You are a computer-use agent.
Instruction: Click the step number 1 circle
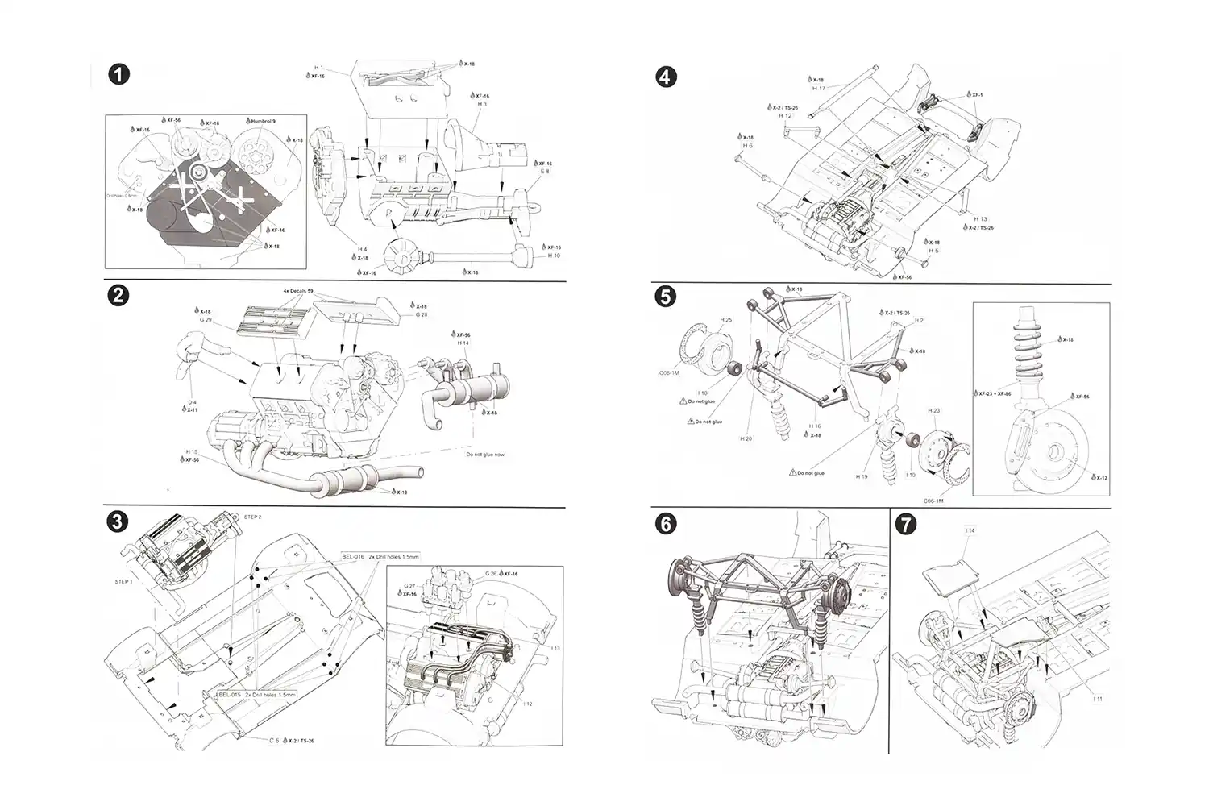click(x=118, y=74)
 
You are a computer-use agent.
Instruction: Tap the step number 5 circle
click(x=664, y=297)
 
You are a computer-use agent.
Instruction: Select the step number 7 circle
click(x=906, y=525)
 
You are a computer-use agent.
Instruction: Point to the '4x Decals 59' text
click(x=298, y=291)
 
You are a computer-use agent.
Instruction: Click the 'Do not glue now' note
click(x=484, y=455)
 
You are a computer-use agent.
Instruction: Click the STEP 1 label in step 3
click(x=123, y=581)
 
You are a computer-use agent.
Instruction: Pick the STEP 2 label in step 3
click(x=253, y=517)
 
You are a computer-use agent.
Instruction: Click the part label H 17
click(x=818, y=89)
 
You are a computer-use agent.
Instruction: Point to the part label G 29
click(x=206, y=320)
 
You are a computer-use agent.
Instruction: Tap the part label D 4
click(x=192, y=402)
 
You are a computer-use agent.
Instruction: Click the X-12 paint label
click(x=1099, y=478)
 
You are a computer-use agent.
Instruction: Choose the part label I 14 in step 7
click(x=970, y=530)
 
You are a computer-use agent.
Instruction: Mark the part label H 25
click(x=725, y=320)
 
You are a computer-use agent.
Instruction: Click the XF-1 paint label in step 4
click(x=976, y=95)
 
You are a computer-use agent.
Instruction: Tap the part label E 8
click(x=545, y=172)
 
